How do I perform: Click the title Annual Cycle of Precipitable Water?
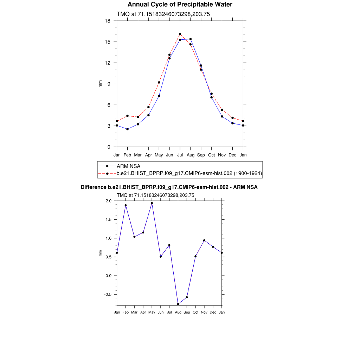180,5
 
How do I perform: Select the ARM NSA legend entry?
129,166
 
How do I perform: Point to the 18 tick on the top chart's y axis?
108,21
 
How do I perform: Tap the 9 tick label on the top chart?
109,84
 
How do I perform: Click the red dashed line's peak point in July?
180,34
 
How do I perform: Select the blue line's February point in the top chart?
127,129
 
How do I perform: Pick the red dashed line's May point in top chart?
159,82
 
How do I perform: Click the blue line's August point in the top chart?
191,39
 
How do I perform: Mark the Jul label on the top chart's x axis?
180,155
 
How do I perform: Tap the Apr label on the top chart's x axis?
148,155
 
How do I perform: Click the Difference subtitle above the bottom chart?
169,187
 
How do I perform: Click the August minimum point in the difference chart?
178,304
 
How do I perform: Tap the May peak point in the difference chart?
152,203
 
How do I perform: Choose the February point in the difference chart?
126,205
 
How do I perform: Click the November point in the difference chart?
204,240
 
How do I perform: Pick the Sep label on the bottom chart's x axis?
187,313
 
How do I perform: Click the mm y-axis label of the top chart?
100,84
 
